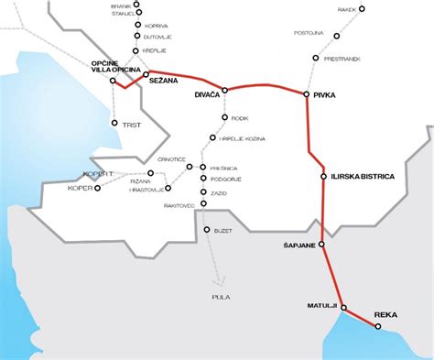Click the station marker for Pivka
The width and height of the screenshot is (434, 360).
(306, 93)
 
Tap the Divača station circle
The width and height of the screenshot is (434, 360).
(224, 90)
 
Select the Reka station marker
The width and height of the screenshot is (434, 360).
(377, 324)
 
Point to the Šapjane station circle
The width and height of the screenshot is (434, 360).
(321, 245)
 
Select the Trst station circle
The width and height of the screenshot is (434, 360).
(114, 123)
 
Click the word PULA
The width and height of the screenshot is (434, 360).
(220, 297)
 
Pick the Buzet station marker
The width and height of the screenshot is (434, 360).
(206, 230)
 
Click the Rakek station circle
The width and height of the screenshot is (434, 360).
(363, 9)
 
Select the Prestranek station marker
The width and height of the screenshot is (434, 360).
(316, 58)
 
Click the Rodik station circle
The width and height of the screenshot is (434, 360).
(224, 117)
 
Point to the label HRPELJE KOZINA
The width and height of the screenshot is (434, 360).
(243, 136)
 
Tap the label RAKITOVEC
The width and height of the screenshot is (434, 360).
(178, 206)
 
